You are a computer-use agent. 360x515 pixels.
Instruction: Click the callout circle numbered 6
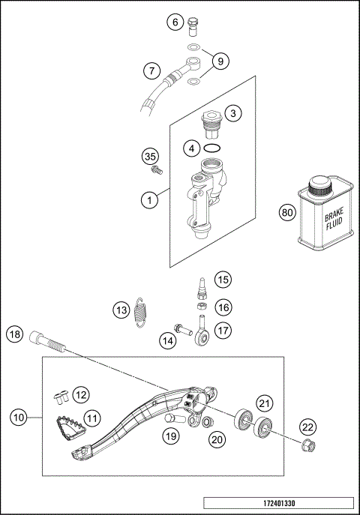pos(175,22)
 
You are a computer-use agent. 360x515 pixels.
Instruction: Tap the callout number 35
pos(151,156)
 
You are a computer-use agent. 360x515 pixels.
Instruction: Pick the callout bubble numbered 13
pos(121,309)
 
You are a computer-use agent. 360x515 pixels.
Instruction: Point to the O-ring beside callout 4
pos(212,148)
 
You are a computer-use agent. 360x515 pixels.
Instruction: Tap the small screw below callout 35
pos(155,171)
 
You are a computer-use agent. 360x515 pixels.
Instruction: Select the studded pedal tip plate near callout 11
pos(68,427)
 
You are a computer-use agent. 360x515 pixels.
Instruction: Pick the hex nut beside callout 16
pos(201,307)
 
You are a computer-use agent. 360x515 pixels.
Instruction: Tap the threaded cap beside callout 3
pos(211,119)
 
